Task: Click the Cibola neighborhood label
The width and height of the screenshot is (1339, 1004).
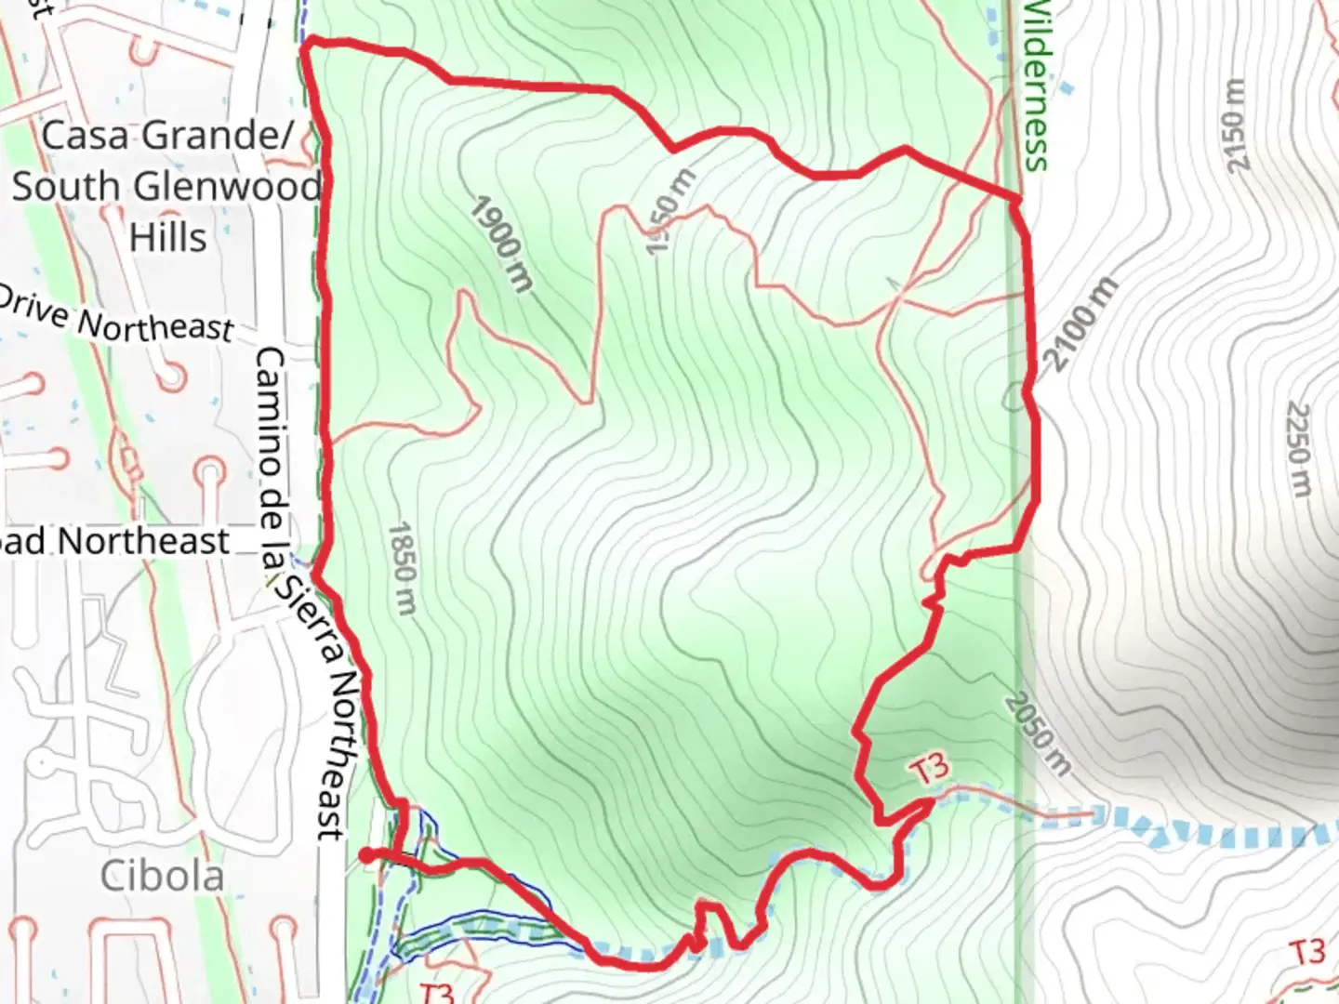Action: [x=162, y=876]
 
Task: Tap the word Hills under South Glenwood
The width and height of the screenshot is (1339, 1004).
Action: [x=167, y=237]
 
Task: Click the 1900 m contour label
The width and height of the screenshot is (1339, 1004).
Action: [x=500, y=244]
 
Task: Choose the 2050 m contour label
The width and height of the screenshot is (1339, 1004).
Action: [x=1038, y=734]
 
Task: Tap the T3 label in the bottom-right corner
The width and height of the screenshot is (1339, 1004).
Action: [x=1306, y=952]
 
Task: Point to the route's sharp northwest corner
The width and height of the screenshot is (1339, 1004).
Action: [x=308, y=41]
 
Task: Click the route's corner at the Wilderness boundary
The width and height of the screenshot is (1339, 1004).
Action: [x=1019, y=199]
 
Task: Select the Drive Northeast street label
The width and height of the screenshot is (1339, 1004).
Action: [x=116, y=317]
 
